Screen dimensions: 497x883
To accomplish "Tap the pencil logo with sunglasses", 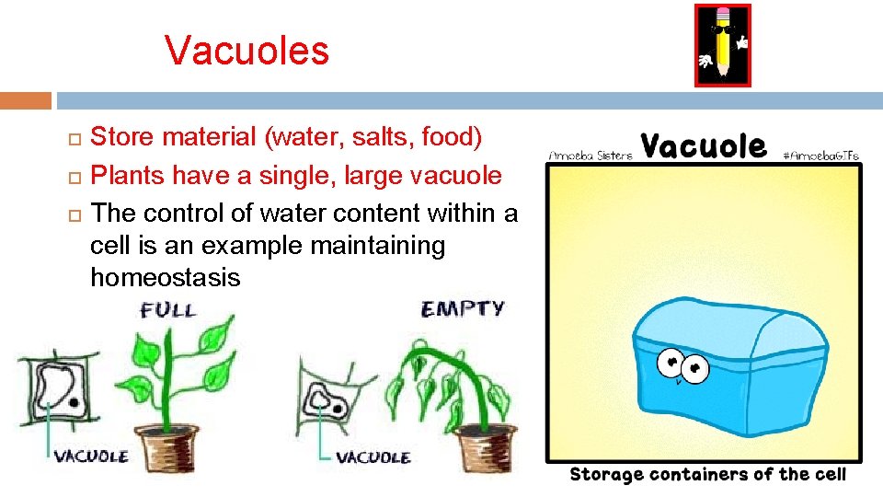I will tap(722, 45).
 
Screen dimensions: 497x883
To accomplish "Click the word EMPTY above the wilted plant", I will tap(462, 308).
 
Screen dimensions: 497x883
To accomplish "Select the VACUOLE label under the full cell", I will tap(91, 456).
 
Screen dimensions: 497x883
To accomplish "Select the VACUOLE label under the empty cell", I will tap(373, 457).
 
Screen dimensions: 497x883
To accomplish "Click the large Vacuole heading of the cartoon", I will tap(704, 145).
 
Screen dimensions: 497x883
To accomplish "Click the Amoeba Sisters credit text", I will tap(590, 156).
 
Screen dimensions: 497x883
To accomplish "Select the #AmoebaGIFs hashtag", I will tap(820, 156).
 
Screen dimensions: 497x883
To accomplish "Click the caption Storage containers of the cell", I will tap(706, 475).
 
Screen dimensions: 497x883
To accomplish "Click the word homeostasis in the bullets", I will tap(165, 277).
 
